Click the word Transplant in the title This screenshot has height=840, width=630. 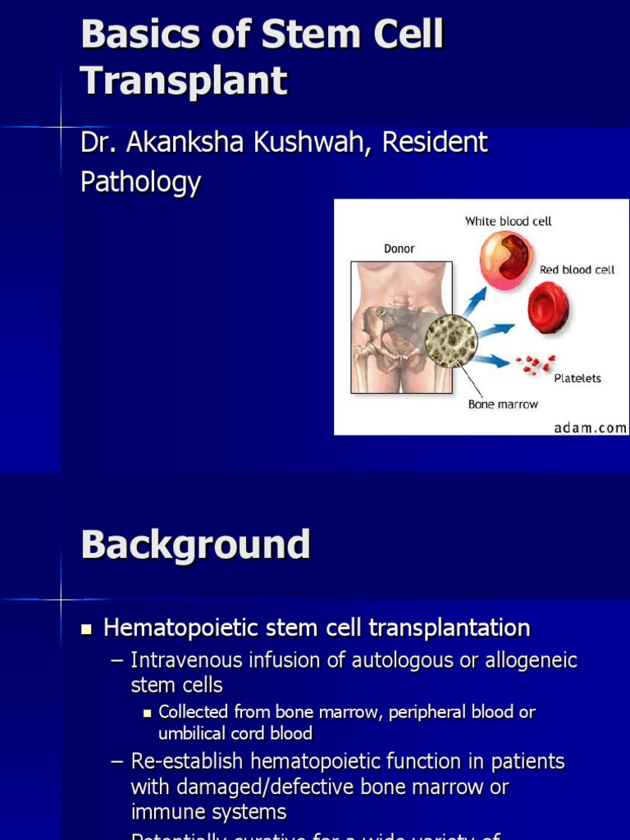tap(184, 80)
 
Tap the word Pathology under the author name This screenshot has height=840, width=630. tap(140, 181)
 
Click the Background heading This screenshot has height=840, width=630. tap(195, 544)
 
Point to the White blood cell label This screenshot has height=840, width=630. tap(509, 221)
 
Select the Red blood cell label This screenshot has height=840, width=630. tap(577, 269)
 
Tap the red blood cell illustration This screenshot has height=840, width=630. tap(548, 308)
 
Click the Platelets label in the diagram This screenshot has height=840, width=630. tap(577, 378)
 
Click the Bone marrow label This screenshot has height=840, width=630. tap(503, 404)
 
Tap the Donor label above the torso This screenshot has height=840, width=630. tap(399, 248)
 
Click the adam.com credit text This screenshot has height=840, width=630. tap(590, 427)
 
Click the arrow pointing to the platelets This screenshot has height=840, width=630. tap(494, 359)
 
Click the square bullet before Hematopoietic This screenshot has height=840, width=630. tap(87, 630)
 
